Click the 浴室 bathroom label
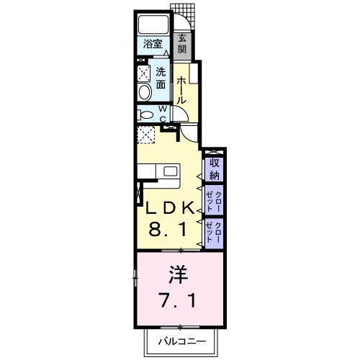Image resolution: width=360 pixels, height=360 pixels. (x=152, y=43)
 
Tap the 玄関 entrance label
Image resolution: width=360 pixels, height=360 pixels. (x=183, y=43)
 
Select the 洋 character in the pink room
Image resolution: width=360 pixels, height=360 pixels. (x=178, y=274)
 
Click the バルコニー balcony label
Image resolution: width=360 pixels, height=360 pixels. (x=182, y=341)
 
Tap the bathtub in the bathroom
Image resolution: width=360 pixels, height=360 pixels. (x=152, y=23)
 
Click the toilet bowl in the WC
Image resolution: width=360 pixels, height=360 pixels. (x=145, y=114)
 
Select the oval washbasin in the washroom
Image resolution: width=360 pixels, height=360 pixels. (x=144, y=91)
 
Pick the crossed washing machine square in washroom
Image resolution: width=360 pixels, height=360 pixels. (x=144, y=73)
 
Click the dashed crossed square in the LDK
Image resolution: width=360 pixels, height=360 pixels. (x=146, y=135)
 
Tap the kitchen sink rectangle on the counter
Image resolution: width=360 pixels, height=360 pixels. (x=171, y=172)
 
